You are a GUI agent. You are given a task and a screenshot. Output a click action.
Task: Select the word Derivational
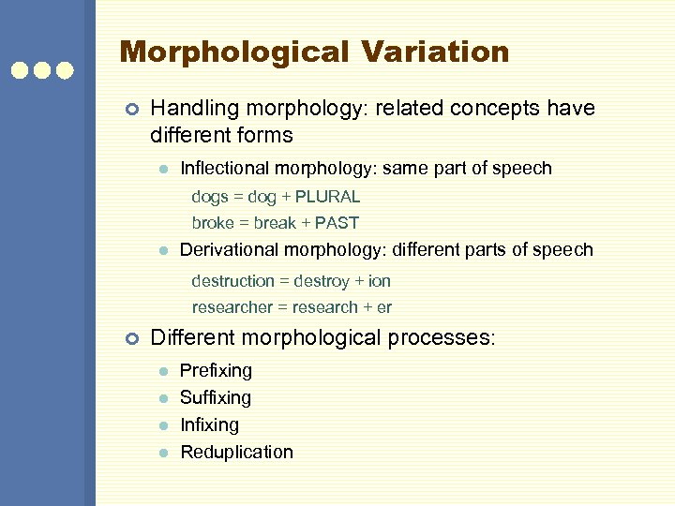tap(231, 249)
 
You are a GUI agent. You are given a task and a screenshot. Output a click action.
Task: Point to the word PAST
tap(337, 223)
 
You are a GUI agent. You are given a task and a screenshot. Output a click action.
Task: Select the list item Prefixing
tap(216, 371)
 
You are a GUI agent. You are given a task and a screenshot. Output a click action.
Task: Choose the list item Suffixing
tap(216, 397)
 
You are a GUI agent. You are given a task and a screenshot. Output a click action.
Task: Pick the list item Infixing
tap(209, 424)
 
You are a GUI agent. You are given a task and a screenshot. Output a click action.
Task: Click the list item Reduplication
tap(236, 452)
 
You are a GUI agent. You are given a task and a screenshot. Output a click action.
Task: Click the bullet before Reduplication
tap(162, 453)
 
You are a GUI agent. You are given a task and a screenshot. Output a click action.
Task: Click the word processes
tap(438, 338)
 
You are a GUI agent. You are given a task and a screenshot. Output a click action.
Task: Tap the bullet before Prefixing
tap(162, 372)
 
